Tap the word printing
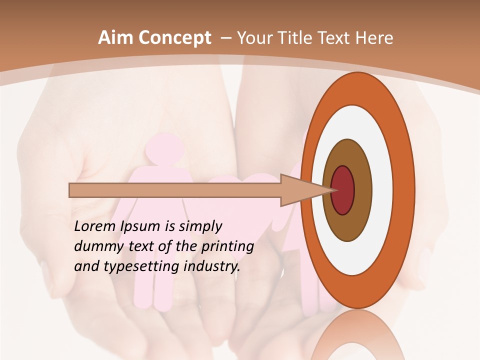[227, 247]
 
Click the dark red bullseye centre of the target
[342, 190]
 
